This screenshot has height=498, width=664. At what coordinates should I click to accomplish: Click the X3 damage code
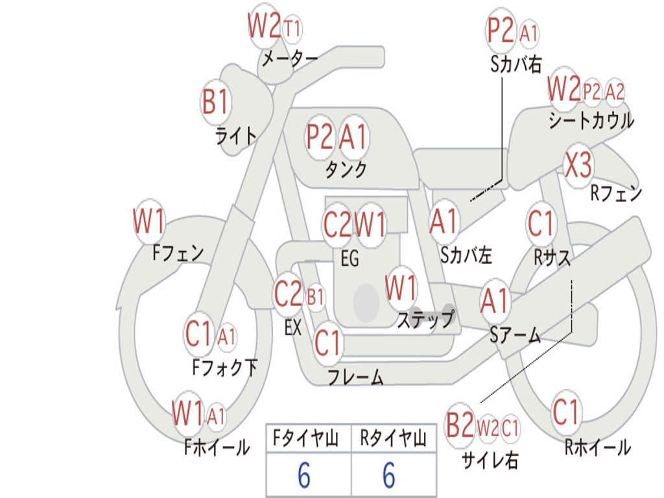[578, 165]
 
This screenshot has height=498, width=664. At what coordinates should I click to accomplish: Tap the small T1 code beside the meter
[292, 29]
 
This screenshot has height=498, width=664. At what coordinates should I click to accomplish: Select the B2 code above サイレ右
[460, 425]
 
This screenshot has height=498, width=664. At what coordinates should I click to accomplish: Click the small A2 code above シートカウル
[615, 91]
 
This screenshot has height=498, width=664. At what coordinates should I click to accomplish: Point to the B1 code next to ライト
[216, 102]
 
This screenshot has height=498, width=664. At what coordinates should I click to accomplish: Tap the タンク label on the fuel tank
[346, 169]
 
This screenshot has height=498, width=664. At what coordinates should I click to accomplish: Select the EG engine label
[350, 258]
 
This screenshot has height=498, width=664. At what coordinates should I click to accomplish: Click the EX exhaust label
[293, 327]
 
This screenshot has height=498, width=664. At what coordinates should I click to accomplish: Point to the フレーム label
[356, 377]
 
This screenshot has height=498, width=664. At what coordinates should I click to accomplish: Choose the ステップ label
[425, 319]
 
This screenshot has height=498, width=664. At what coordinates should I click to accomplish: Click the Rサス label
[552, 257]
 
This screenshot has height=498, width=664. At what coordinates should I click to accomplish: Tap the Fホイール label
[217, 447]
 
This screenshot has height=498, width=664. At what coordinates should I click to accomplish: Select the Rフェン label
[616, 193]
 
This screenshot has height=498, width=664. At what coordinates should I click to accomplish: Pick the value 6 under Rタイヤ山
[389, 475]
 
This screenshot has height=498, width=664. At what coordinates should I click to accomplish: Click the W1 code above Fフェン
[148, 221]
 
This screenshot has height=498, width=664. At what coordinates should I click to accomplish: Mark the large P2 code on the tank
[320, 137]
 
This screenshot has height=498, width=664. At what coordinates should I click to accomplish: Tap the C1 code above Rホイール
[565, 412]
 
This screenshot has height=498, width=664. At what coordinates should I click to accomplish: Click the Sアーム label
[516, 335]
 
